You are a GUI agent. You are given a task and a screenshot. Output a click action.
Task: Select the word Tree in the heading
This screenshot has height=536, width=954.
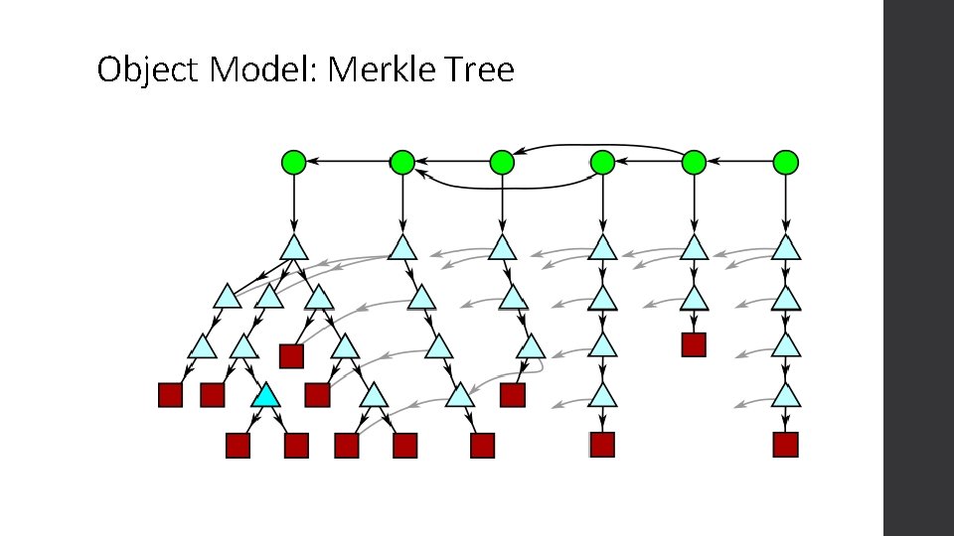[482, 70]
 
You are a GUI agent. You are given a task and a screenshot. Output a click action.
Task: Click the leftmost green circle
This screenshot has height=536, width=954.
[293, 161]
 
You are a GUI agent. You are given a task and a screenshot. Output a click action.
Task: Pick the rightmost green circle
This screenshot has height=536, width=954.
[786, 161]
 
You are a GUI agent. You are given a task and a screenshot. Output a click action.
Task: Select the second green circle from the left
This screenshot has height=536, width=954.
[401, 161]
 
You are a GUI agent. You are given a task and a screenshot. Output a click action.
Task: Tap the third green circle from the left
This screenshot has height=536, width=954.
[502, 161]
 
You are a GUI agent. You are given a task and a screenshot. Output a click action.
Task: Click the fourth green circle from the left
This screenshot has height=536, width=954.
[602, 161]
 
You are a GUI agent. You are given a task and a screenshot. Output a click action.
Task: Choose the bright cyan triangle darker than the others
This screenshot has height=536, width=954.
[265, 396]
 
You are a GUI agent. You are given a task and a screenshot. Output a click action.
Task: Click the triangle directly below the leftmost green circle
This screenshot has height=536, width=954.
[293, 248]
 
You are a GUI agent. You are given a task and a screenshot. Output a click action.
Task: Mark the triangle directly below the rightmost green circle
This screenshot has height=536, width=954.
[786, 248]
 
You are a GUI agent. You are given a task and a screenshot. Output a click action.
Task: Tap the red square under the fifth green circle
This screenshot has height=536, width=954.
[693, 344]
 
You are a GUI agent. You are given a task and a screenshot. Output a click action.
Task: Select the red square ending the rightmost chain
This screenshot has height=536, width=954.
[786, 444]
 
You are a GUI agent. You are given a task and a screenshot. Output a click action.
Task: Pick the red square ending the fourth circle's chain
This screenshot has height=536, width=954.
[602, 444]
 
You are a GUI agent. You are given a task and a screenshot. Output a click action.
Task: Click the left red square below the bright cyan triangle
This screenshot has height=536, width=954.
[237, 446]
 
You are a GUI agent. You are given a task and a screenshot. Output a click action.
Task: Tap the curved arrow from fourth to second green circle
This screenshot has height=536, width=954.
[502, 185]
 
